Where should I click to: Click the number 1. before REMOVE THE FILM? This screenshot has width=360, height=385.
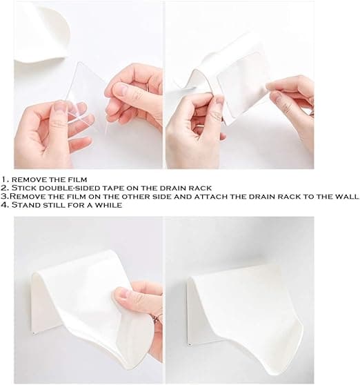[5, 179]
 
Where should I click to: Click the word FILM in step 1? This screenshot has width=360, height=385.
[78, 179]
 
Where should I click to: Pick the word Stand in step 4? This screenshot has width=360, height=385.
[26, 205]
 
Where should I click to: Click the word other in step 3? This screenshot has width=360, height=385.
[136, 197]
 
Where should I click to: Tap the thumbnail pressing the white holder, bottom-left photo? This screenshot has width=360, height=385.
[124, 293]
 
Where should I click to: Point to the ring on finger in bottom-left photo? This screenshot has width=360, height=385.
[157, 319]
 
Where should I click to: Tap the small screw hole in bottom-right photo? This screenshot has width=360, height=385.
[189, 344]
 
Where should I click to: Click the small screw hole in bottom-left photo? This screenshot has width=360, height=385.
[33, 334]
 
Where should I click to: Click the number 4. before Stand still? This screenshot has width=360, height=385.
[5, 205]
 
